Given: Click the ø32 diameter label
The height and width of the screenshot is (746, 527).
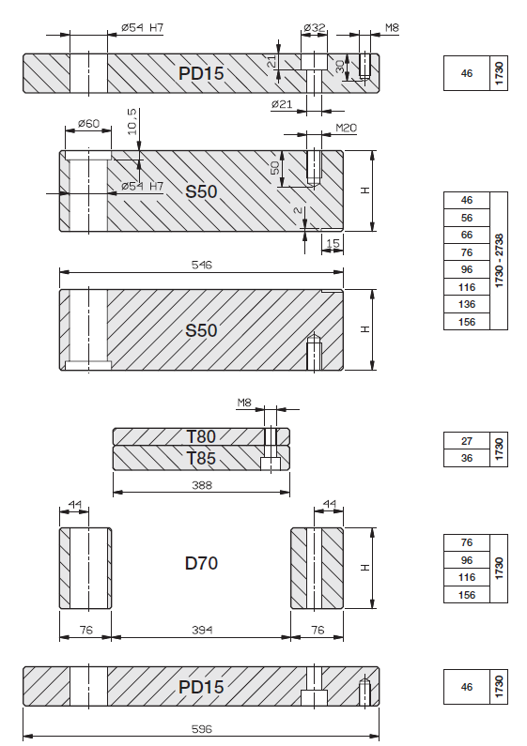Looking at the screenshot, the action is [315, 27].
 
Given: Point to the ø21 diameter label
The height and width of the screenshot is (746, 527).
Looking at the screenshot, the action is [282, 104].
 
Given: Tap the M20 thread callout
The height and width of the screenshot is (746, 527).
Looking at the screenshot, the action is [347, 128].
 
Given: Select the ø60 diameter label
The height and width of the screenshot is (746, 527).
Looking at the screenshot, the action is [88, 123].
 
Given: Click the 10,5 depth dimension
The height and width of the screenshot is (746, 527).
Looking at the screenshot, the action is [132, 121].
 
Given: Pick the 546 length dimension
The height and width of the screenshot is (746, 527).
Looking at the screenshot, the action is [202, 265].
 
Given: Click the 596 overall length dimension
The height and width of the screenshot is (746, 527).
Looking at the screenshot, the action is [202, 728].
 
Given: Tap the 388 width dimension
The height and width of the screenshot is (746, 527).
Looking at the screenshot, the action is [202, 485].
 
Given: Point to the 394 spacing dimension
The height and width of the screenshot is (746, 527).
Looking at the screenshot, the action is [202, 630].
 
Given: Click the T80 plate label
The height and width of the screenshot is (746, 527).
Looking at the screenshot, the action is [201, 436].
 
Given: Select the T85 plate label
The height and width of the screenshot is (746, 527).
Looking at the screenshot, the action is [201, 458].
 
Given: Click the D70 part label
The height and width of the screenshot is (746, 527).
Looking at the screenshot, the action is [201, 563].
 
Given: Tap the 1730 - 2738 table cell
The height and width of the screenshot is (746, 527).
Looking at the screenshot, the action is [499, 261].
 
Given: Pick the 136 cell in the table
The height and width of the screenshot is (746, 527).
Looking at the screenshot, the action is [467, 304].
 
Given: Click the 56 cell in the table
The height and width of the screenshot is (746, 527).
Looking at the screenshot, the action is [467, 218].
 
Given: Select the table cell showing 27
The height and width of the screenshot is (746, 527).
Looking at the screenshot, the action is [467, 441].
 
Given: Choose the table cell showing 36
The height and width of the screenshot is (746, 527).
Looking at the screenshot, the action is [467, 458].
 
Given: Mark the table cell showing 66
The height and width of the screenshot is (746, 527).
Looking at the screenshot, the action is [467, 235].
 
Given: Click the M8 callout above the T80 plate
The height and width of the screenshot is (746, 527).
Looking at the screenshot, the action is [244, 403].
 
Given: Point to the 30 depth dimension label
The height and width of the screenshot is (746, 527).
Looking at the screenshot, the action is [340, 67].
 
